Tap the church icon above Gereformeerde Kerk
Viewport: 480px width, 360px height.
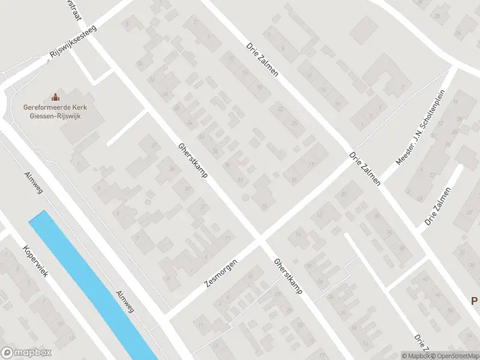(x=56, y=97)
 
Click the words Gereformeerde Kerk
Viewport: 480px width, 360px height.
(x=56, y=107)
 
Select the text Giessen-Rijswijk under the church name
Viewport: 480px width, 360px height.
(x=56, y=116)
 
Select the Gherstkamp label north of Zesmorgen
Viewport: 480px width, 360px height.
(x=192, y=163)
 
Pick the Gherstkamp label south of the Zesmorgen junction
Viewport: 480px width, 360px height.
(x=288, y=276)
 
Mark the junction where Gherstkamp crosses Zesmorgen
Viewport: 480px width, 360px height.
(x=260, y=241)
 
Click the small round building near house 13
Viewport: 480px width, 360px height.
(x=245, y=197)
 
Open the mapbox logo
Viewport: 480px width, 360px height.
(x=26, y=353)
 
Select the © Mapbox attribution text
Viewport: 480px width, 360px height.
(x=416, y=356)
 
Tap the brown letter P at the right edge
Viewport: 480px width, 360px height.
(x=474, y=301)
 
